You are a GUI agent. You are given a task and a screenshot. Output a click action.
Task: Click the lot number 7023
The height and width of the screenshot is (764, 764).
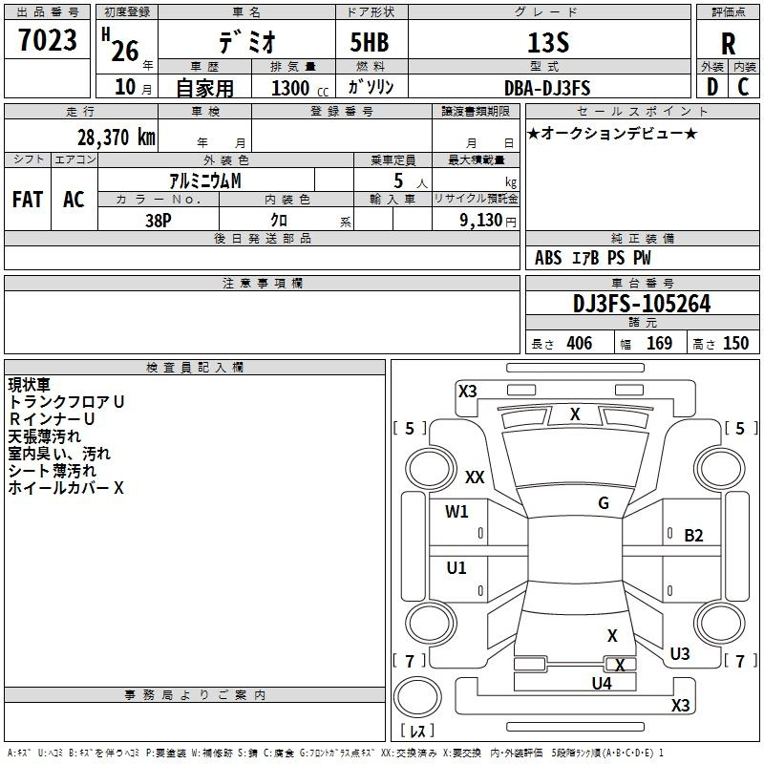[x=48, y=40]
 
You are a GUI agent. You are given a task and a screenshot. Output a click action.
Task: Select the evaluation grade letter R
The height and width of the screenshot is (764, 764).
[x=728, y=44]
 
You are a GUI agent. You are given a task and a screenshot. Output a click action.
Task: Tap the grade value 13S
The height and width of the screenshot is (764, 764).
[x=548, y=43]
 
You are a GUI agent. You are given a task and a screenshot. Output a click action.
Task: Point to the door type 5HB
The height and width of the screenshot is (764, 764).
[x=370, y=42]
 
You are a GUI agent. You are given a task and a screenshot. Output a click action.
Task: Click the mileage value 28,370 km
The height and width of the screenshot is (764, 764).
[x=116, y=138]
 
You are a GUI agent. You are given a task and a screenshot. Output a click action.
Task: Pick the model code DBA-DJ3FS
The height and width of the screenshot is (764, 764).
[x=547, y=88]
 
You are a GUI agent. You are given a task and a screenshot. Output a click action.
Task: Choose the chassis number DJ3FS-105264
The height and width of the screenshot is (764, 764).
[x=642, y=304]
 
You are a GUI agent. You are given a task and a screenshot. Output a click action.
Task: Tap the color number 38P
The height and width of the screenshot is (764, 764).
[x=159, y=221]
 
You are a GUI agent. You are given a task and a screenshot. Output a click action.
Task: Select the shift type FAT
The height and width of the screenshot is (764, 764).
[x=28, y=200]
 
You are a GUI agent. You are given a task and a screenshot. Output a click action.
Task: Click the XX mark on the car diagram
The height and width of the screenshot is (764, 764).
[x=475, y=477]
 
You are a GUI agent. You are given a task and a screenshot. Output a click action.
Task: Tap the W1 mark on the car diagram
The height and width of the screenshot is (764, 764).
[x=456, y=512]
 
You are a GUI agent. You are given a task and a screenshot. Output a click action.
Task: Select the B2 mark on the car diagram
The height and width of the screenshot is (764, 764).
[x=693, y=536]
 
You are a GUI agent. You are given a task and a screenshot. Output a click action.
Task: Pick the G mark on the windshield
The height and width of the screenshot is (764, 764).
[x=604, y=503]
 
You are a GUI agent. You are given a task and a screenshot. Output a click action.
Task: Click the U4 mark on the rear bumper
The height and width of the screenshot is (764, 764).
[x=602, y=684]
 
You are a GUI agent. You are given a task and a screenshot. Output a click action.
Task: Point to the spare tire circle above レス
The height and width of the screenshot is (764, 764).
[x=417, y=697]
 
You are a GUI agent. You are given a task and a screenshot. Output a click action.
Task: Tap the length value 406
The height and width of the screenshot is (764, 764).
[x=580, y=344]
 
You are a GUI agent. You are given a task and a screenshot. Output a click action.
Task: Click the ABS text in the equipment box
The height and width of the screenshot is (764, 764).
[x=548, y=258]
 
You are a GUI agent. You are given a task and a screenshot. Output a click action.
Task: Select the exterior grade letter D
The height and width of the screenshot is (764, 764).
[x=712, y=87]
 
